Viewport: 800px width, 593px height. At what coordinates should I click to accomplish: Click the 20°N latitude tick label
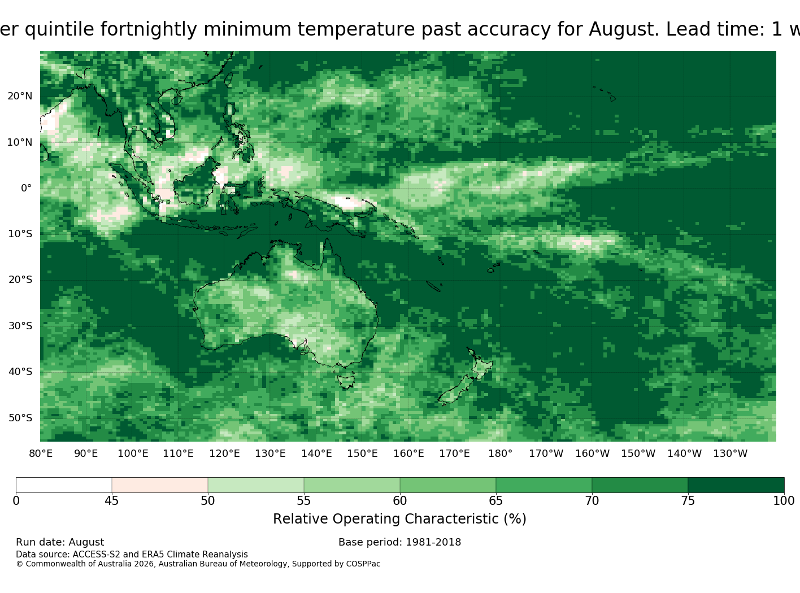20,96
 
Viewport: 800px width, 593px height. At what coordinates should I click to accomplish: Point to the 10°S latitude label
20,234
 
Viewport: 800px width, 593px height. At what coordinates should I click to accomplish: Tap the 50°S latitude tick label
20,418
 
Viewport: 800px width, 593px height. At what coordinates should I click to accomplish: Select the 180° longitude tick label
500,454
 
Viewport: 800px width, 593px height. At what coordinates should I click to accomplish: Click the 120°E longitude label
224,454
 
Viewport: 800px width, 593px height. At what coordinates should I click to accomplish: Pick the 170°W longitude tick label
546,454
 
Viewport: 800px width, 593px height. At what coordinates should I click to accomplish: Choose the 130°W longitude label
731,454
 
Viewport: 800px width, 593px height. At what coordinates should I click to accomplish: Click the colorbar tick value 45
112,501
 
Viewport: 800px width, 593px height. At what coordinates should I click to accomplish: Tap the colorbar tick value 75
688,501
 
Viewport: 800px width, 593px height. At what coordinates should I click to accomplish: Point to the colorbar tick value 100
784,501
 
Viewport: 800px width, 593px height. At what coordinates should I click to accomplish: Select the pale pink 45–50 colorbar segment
160,485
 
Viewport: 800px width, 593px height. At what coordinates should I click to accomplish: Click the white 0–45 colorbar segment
64,485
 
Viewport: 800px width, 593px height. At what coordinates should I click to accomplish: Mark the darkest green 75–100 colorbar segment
736,485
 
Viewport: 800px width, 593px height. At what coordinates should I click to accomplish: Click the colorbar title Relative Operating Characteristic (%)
399,519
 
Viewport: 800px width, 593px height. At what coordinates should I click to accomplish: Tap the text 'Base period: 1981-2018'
399,542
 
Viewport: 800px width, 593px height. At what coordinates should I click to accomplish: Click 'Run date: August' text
60,542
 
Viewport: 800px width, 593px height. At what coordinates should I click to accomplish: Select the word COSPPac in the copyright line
363,564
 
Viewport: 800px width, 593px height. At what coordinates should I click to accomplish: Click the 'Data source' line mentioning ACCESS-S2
132,555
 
